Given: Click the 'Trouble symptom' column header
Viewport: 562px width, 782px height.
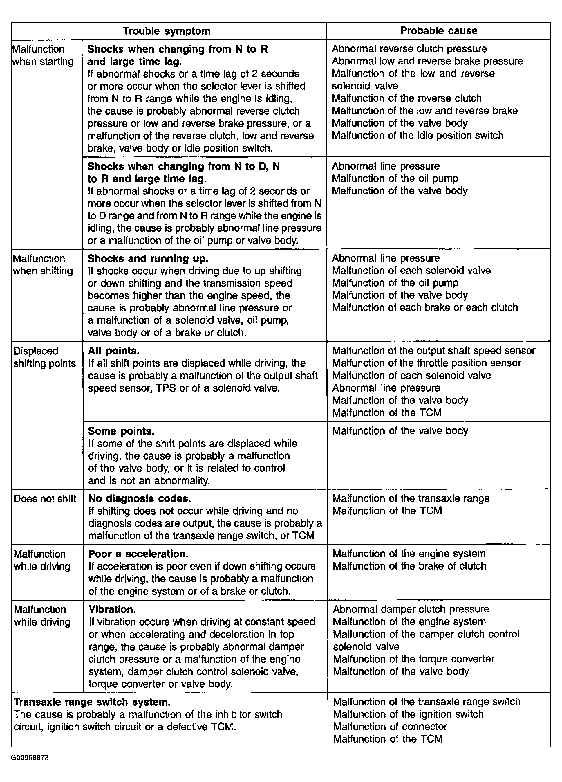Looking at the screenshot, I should (167, 31).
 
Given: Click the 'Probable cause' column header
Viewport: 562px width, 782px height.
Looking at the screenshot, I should (439, 31).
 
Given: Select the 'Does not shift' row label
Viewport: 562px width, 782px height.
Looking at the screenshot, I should (45, 499).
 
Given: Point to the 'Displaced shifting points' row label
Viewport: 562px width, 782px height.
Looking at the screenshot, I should (44, 357).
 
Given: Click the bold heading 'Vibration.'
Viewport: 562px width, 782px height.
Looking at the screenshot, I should (112, 609).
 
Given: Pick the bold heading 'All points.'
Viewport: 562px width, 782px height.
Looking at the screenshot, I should (114, 351).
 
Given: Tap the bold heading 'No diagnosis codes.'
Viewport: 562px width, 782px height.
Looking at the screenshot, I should (140, 499).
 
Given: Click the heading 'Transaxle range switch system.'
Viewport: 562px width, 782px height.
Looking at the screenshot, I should (92, 702).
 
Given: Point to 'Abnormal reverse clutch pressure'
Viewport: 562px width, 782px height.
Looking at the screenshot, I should (409, 49).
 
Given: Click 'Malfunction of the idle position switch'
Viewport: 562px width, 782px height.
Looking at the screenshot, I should (417, 136).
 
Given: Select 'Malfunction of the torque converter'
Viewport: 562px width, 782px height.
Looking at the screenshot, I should (414, 659).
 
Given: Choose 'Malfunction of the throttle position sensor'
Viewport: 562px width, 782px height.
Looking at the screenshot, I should (427, 363).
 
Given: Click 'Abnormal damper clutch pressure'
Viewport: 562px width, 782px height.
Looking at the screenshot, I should (411, 609).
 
